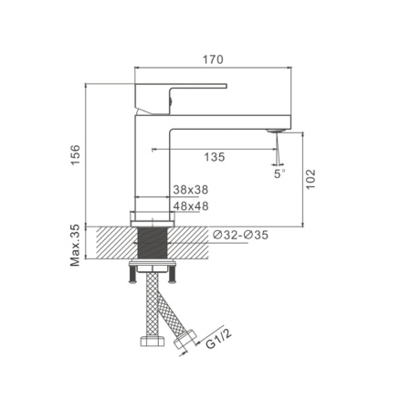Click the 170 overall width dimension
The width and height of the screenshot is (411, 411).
pyautogui.click(x=213, y=59)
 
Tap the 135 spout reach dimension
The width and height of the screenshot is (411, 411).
pyautogui.click(x=214, y=157)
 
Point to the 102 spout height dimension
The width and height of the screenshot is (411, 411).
pyautogui.click(x=311, y=177)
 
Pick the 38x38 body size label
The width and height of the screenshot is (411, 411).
pyautogui.click(x=190, y=190)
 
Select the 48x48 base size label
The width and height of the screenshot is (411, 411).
pyautogui.click(x=190, y=206)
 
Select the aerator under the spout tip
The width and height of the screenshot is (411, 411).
pyautogui.click(x=272, y=132)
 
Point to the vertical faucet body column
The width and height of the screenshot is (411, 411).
pyautogui.click(x=152, y=164)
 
